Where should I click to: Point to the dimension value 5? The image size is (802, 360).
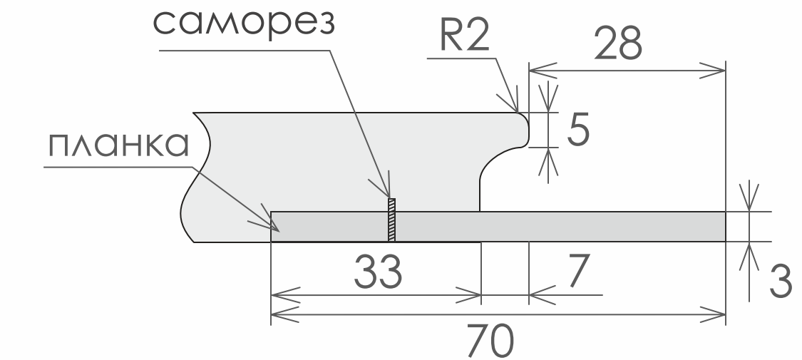(577, 130)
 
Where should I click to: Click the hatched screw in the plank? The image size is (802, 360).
(391, 219)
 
